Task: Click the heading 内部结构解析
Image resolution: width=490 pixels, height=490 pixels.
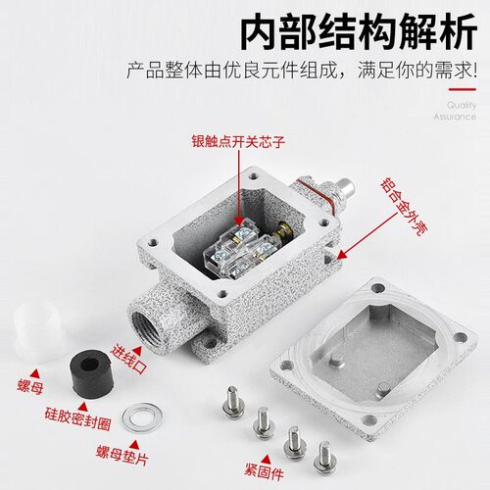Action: point(359,31)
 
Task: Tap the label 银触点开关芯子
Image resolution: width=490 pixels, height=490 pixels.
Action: point(238,142)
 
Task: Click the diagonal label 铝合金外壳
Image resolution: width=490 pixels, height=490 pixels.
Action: point(404,207)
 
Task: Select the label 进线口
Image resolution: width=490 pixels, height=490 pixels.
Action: point(128,359)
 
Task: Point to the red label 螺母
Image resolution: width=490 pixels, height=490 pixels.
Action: point(30,387)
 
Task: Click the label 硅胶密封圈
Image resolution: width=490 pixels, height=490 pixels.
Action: point(77,418)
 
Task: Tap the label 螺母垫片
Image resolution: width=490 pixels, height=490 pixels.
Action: point(122,455)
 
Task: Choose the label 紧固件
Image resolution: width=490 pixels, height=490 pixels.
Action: point(264,471)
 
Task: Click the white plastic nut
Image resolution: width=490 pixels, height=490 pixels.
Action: point(37,331)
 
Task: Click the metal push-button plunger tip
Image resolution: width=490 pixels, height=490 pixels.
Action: point(346,186)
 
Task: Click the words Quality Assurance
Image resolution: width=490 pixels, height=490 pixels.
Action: point(455,111)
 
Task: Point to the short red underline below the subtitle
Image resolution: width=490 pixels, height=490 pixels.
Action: point(463,89)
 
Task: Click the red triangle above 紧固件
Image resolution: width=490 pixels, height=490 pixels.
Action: point(267,460)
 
